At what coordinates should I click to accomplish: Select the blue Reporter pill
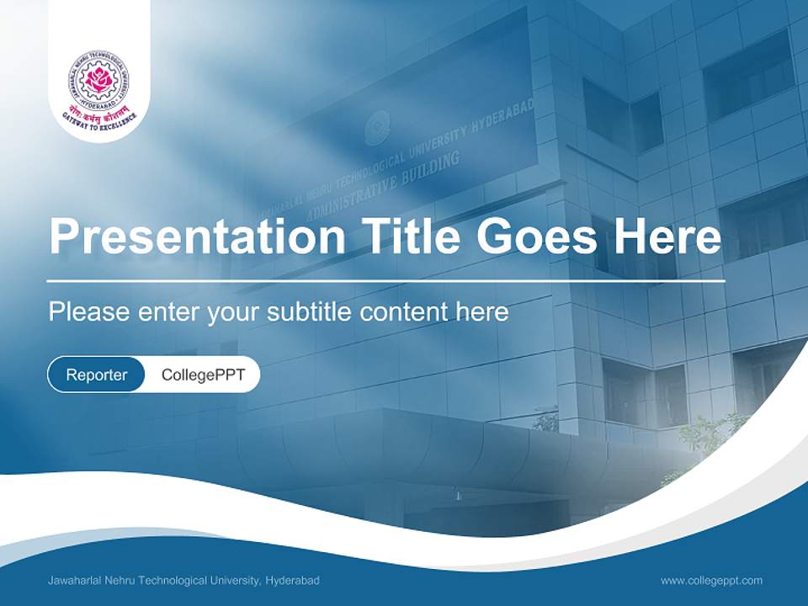(97, 375)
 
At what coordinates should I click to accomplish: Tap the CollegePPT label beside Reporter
(203, 375)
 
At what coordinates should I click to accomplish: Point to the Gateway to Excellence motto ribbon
(99, 119)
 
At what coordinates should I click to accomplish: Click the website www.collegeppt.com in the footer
(711, 581)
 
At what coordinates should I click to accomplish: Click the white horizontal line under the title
(386, 280)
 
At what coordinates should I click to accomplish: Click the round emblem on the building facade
(377, 128)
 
